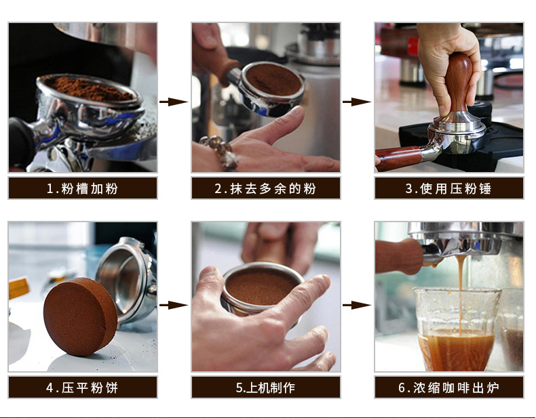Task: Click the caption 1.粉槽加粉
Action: [82, 188]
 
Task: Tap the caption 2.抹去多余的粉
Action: [265, 188]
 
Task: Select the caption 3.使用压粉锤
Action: [448, 188]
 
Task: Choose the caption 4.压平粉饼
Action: [82, 388]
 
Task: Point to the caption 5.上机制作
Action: [265, 388]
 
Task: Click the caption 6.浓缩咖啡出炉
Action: [448, 388]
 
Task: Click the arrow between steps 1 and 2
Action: [174, 102]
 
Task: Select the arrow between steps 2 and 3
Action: [357, 102]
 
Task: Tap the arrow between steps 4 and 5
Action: [174, 305]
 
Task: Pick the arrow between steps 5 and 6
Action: [357, 305]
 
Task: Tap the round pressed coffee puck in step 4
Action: [80, 316]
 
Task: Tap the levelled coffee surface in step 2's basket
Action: [273, 79]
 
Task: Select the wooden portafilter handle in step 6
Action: [400, 256]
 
